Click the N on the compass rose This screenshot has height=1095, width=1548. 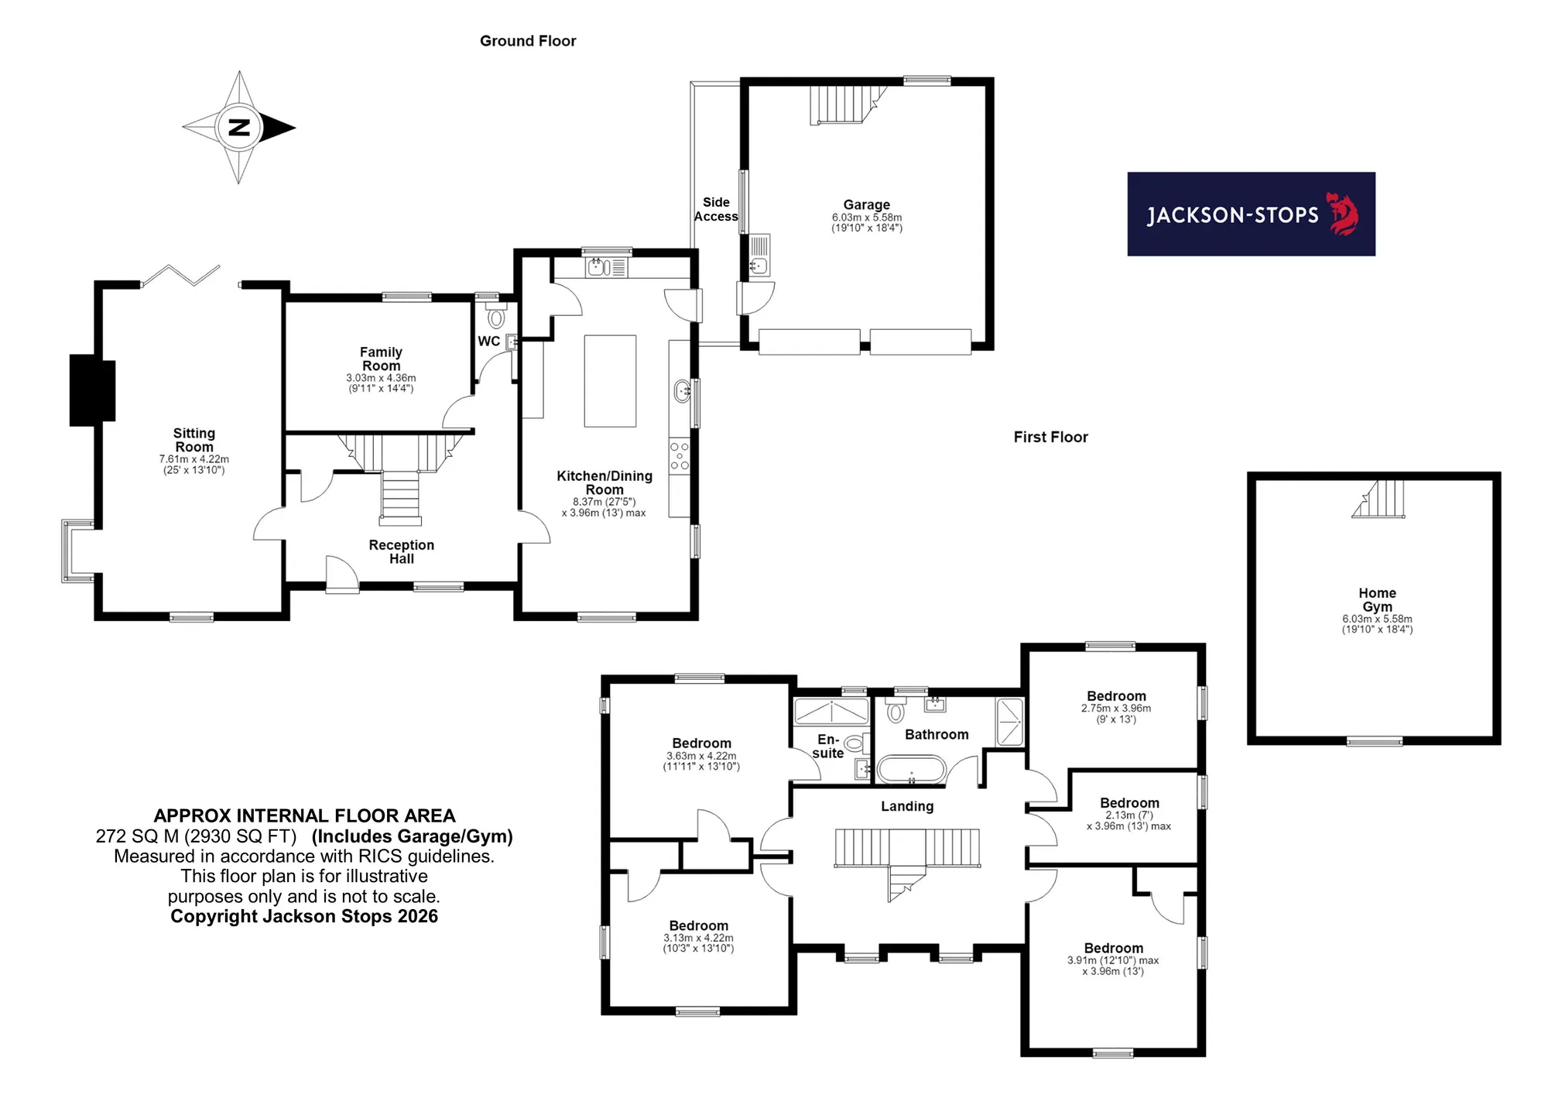click(x=239, y=128)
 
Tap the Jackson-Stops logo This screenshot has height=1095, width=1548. click(x=1251, y=214)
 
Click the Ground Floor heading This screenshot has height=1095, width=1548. click(x=528, y=41)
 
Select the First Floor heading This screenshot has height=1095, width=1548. click(x=1050, y=437)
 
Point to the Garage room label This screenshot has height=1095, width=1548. click(x=867, y=204)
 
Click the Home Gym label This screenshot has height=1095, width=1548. click(x=1377, y=600)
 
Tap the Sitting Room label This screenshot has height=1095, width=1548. click(x=194, y=440)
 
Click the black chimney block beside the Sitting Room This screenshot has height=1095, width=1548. click(x=92, y=390)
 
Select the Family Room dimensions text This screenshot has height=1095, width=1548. click(x=381, y=383)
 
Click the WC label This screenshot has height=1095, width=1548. click(x=488, y=342)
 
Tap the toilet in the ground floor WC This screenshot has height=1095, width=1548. click(x=496, y=316)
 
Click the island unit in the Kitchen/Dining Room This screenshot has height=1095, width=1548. click(x=610, y=381)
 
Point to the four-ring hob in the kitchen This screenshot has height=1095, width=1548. click(x=679, y=456)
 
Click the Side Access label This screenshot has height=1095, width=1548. click(x=716, y=209)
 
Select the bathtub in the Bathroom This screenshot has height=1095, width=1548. click(x=911, y=769)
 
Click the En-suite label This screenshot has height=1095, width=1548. click(x=828, y=746)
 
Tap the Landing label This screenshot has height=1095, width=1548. click(x=907, y=806)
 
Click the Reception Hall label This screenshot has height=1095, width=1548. click(x=402, y=551)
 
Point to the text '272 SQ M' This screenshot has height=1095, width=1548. click(x=137, y=836)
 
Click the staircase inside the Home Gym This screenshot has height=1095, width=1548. click(x=1378, y=499)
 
